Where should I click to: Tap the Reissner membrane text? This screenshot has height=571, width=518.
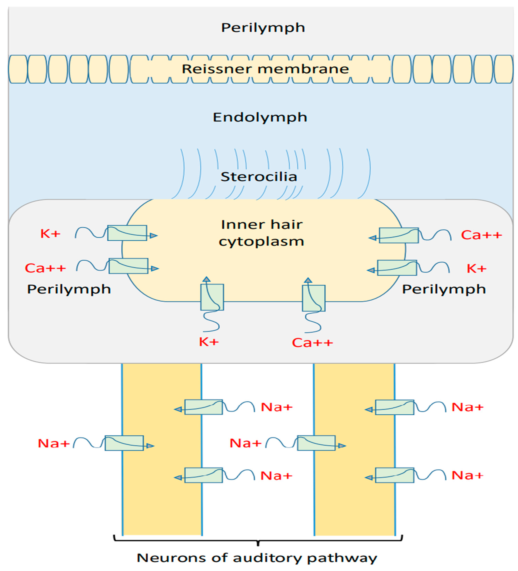pos(265,69)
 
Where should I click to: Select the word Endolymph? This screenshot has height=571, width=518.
pos(260,117)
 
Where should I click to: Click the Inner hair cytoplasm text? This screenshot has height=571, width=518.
pos(262,233)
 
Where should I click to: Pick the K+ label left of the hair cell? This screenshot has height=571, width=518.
pos(50,234)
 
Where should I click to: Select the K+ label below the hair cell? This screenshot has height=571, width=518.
pos(209,342)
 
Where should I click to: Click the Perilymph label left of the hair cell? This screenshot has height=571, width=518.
pos(69,289)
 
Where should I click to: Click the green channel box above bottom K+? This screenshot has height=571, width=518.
pos(212,297)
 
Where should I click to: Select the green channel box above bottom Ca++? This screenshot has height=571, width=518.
pos(314,298)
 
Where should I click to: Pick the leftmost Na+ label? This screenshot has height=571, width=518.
pos(54,443)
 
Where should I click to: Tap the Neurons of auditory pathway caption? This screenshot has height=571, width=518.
pos(257,558)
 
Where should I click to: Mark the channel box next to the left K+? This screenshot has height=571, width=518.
pos(127,233)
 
